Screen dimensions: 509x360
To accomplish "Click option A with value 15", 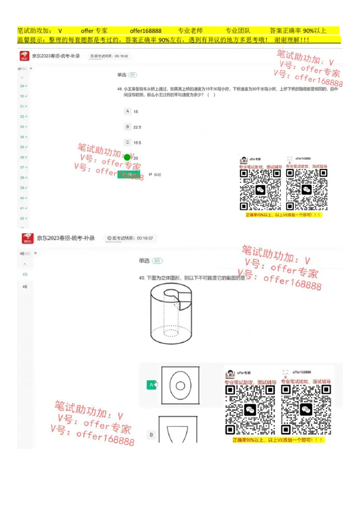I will (128, 111).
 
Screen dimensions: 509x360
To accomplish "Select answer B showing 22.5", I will (128, 127).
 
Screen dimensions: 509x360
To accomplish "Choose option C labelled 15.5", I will (128, 143).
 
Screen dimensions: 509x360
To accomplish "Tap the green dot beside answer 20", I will (127, 157).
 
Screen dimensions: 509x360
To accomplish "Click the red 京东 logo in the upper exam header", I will (25, 56).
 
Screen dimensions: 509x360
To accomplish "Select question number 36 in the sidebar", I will (22, 157).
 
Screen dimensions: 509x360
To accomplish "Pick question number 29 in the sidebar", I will (22, 85).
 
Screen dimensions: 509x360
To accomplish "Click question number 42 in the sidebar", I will (22, 218).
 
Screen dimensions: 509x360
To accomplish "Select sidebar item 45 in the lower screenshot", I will (25, 274).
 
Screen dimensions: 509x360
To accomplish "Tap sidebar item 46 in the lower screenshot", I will (25, 286).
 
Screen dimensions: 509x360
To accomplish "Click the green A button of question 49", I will (151, 385).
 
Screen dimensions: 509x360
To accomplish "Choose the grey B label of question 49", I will (151, 435).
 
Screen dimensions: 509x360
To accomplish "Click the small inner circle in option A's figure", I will (180, 385).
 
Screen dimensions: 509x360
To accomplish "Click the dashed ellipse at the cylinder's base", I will (171, 332).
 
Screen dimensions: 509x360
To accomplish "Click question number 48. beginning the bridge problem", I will (120, 89).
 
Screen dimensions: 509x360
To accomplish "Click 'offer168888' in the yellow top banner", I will (145, 31).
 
